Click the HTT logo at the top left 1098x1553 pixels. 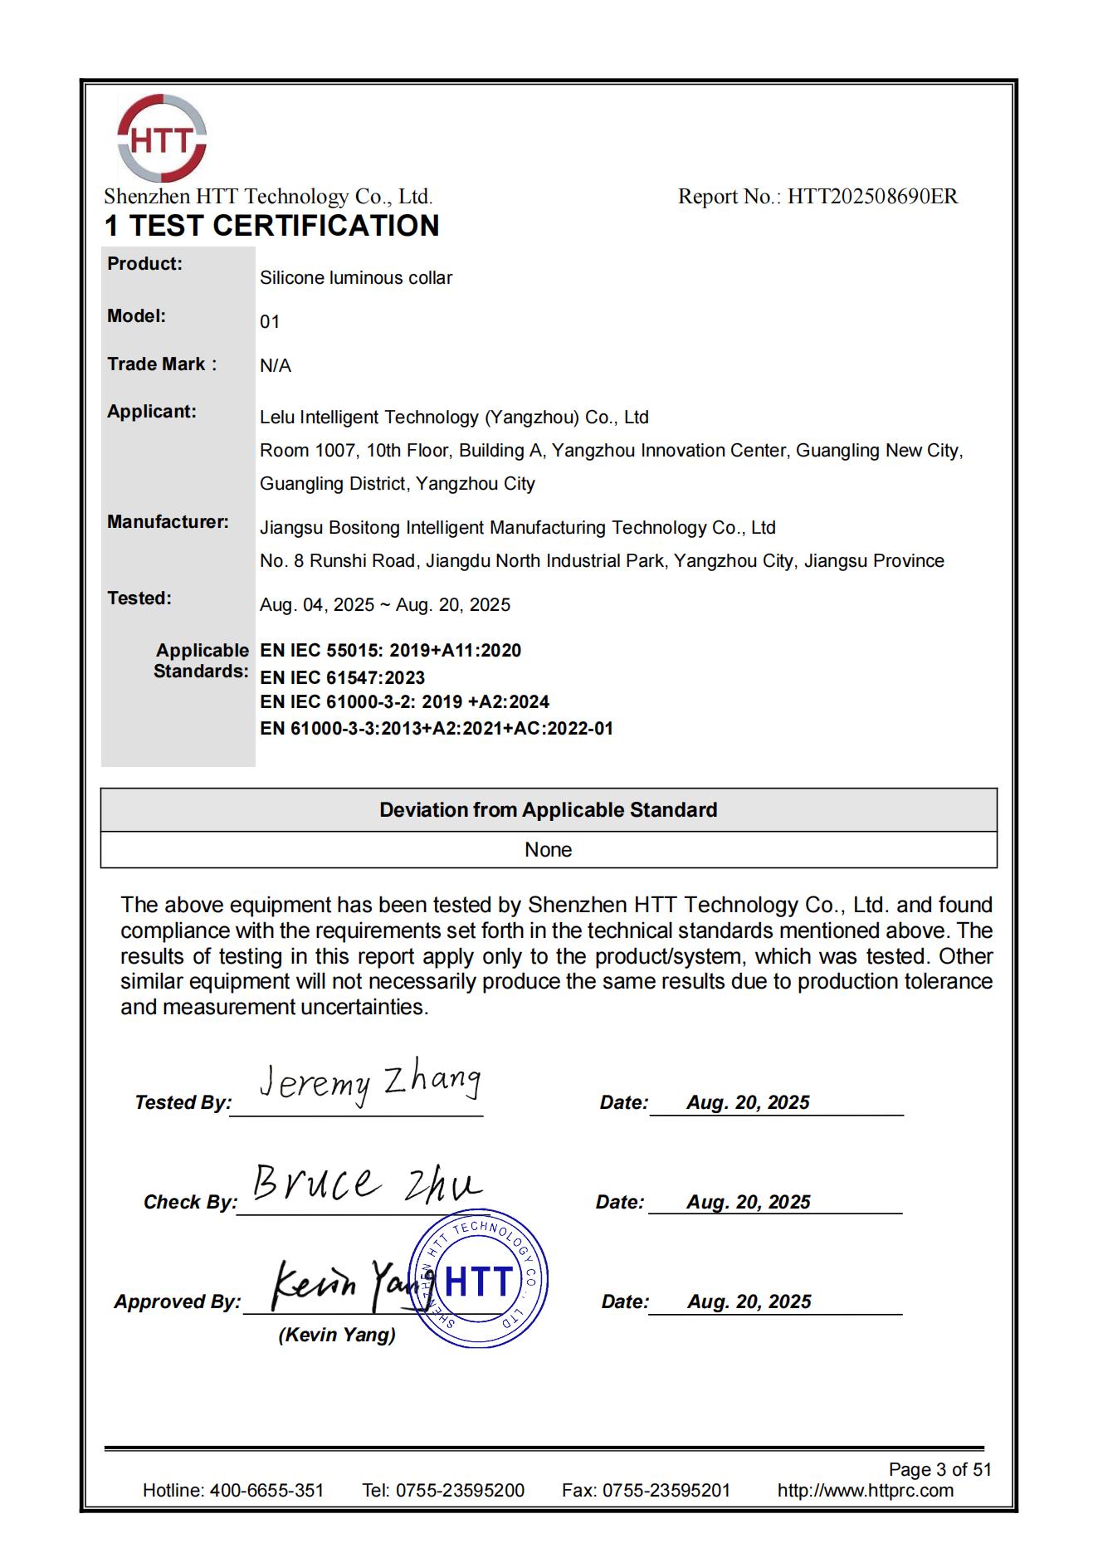[161, 139]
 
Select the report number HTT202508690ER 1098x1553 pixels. [871, 197]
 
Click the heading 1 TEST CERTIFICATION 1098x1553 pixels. [271, 226]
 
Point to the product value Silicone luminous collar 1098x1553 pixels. [355, 278]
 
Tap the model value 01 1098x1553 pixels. [270, 322]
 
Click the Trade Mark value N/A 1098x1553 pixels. [276, 366]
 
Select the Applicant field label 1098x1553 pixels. [152, 412]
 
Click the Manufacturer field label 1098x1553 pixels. [168, 522]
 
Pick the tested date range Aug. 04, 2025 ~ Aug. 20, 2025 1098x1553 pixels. [384, 605]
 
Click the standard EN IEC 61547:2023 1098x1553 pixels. [342, 677]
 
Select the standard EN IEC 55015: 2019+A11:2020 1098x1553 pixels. [390, 651]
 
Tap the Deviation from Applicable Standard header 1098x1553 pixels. [548, 810]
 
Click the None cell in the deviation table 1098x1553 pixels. [548, 850]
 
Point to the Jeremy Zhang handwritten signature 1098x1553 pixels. [368, 1084]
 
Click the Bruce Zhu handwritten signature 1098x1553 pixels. [365, 1184]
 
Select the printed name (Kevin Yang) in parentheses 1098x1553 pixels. [337, 1335]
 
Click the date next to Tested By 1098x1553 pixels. [748, 1102]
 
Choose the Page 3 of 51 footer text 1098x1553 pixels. [939, 1469]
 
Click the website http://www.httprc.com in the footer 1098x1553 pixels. [865, 1490]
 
